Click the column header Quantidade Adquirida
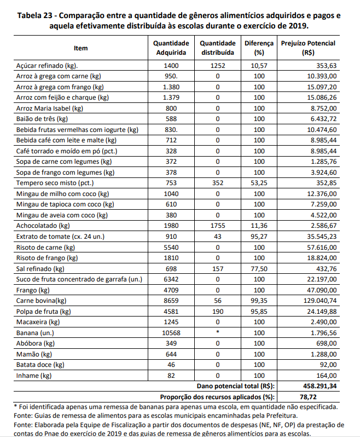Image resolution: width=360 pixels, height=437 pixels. point(171,48)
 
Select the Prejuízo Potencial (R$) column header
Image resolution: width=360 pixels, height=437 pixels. point(308,48)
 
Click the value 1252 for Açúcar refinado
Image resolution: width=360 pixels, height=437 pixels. point(218,66)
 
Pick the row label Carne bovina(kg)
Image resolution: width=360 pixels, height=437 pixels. point(41,301)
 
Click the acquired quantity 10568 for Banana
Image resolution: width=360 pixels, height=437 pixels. point(171,333)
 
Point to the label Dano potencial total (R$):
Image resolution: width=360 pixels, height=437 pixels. point(235,386)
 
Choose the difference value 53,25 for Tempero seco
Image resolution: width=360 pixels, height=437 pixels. point(255,183)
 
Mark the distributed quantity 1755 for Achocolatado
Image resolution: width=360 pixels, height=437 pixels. point(218,226)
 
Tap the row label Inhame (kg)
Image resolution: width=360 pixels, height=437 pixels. point(33,376)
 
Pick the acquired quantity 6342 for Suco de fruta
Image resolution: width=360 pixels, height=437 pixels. point(171,280)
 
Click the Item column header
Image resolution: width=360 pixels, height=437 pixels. point(80,48)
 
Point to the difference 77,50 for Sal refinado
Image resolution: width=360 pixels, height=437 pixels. point(255,269)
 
